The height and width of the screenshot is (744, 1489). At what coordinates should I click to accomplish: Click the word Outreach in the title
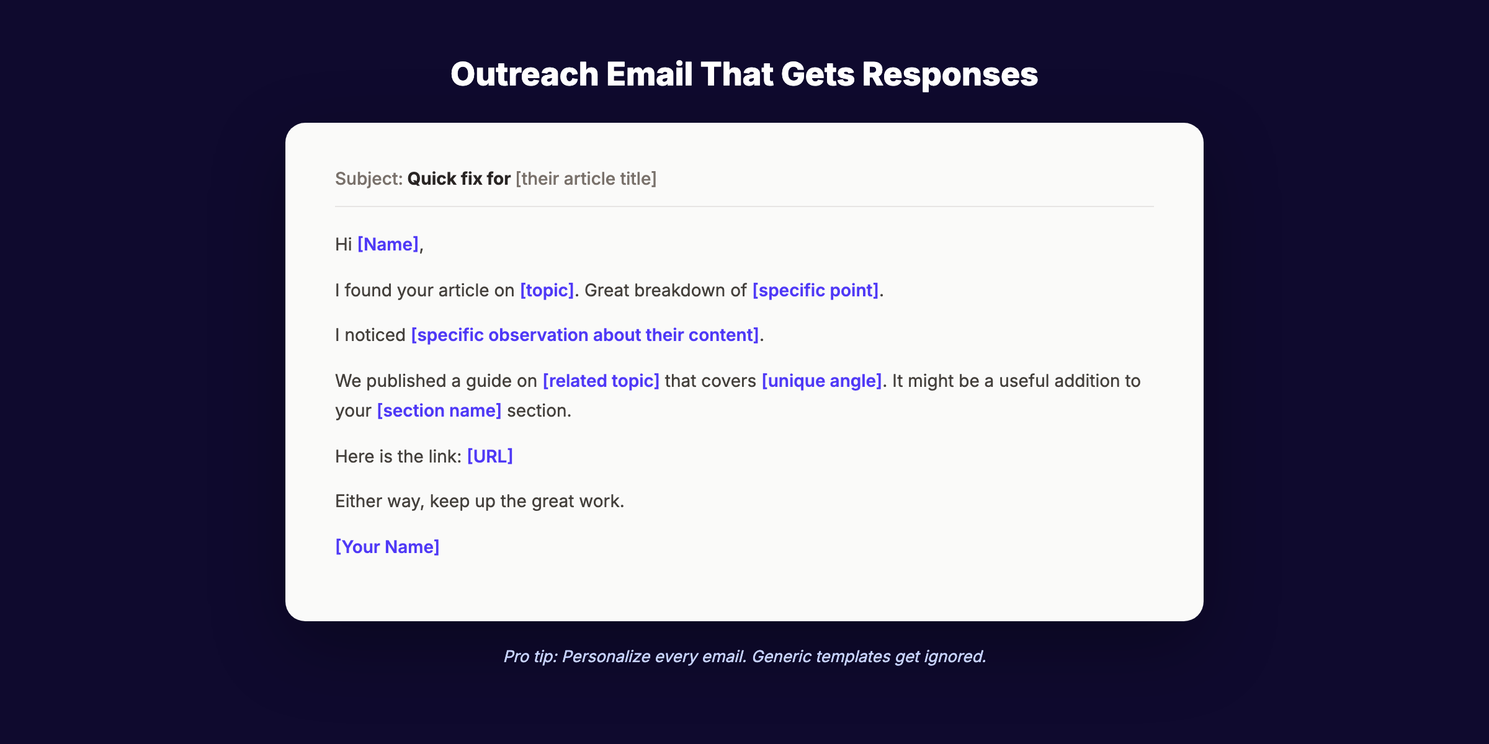pos(524,74)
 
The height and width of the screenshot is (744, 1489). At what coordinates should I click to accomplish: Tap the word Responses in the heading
pos(949,74)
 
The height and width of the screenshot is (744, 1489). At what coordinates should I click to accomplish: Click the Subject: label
pos(369,179)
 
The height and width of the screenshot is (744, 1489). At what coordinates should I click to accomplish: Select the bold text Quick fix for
pos(458,179)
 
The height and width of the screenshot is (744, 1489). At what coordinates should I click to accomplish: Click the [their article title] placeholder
pos(586,179)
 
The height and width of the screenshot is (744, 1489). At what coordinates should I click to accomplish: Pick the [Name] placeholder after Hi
pos(388,244)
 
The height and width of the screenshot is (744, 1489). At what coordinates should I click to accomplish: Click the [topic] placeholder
pos(547,290)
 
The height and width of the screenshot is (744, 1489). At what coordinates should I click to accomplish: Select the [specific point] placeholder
pos(815,290)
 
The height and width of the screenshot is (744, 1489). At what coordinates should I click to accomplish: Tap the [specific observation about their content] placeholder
pos(584,335)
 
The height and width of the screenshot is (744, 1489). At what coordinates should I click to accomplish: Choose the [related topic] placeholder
pos(601,381)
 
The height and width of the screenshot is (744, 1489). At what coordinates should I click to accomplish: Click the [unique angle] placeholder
pos(821,381)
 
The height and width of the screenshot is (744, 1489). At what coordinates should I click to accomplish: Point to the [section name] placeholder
pos(439,410)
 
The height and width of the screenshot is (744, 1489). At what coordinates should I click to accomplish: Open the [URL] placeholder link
pos(490,456)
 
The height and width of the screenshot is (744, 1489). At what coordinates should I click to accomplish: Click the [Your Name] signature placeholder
pos(387,547)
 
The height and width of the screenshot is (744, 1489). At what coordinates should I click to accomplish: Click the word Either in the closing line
pos(358,501)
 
